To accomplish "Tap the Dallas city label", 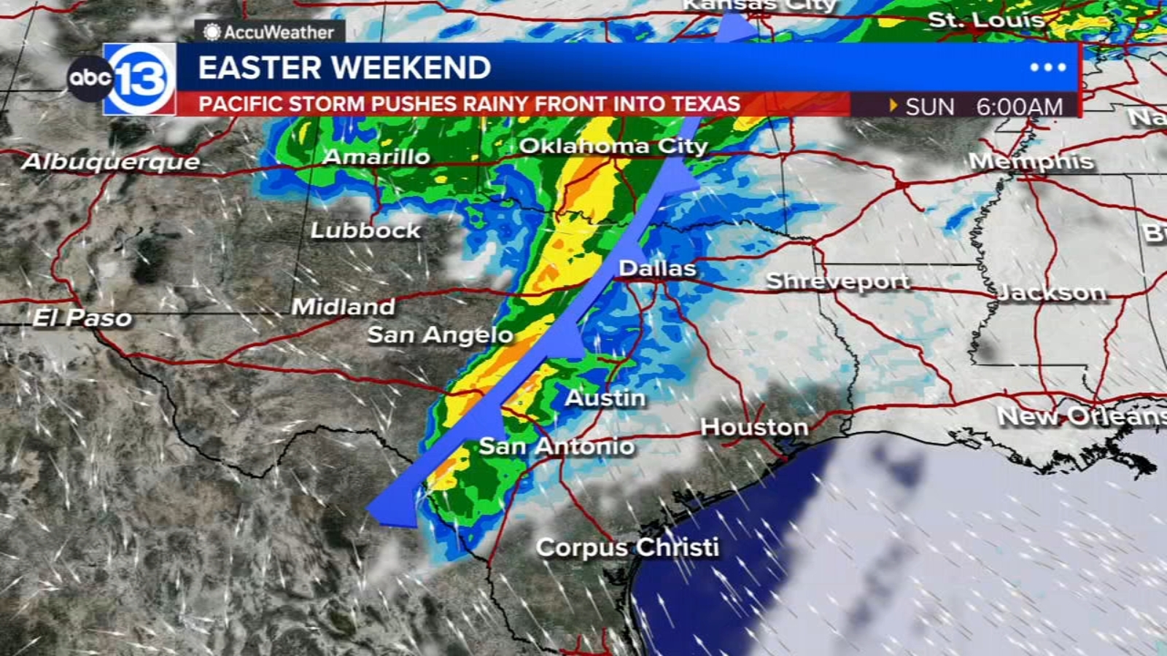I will [x=657, y=268].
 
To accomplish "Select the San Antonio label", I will [x=557, y=445].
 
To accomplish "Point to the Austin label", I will [x=605, y=398].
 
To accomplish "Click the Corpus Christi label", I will [x=627, y=547].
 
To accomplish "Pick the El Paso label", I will [x=82, y=318].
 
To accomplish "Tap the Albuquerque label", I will [x=111, y=161].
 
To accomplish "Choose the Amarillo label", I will [x=376, y=157].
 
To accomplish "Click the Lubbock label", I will [x=365, y=230].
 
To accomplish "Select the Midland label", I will [x=343, y=306].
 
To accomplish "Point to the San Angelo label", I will [x=440, y=335].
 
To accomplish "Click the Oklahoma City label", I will [x=613, y=146].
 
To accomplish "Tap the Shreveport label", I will [x=837, y=281].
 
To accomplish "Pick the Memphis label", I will [x=1031, y=161].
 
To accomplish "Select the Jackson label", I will [x=1051, y=292].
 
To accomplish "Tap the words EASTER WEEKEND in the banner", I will [x=344, y=68].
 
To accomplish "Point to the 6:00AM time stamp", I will [x=1019, y=106].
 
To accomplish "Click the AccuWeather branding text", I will [x=270, y=32].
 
